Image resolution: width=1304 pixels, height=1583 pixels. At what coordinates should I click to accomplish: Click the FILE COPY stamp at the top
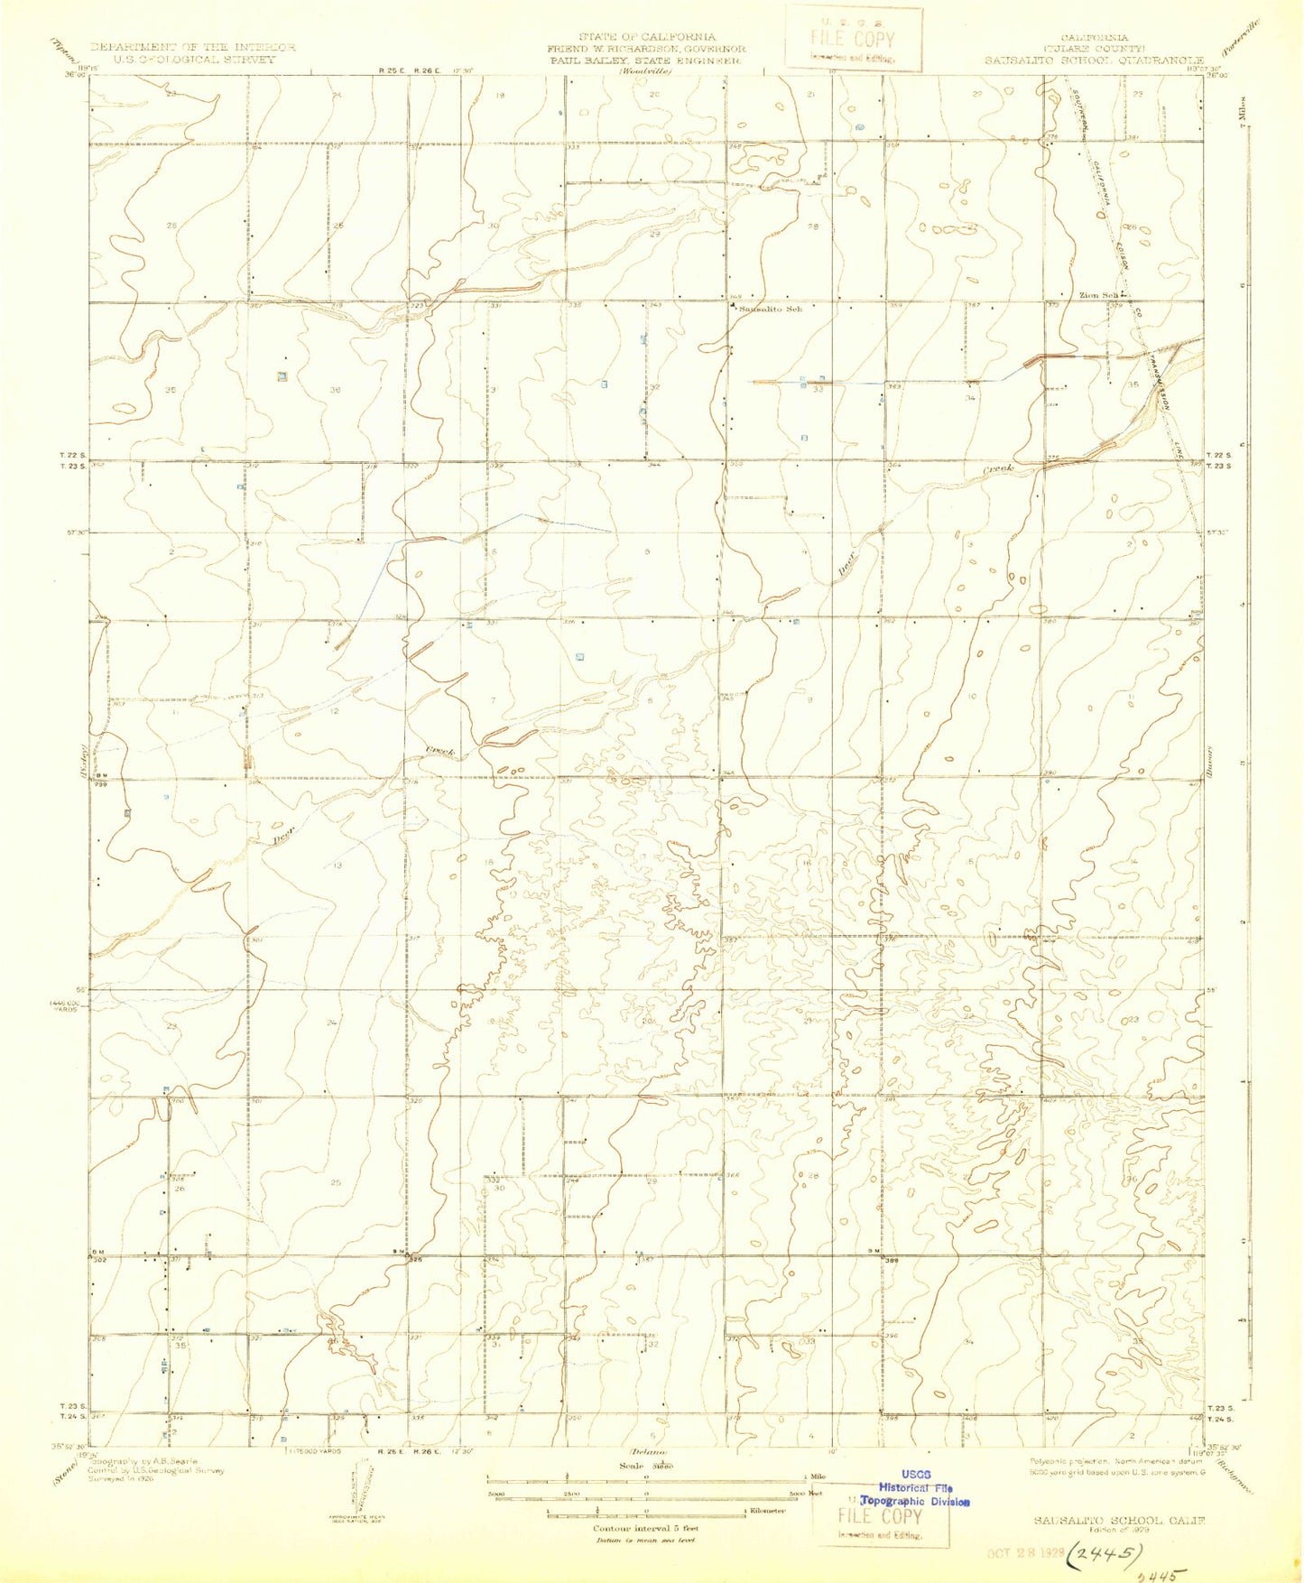853,39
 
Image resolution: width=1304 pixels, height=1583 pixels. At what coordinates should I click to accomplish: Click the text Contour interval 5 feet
645,1528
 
